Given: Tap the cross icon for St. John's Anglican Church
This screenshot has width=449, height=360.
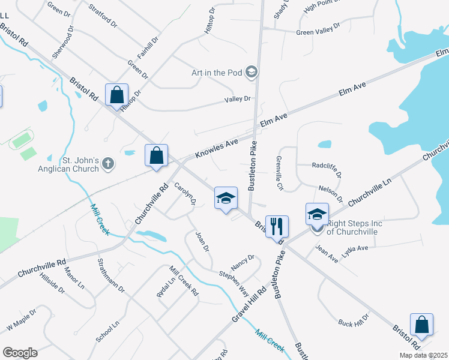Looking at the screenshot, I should click(x=107, y=163).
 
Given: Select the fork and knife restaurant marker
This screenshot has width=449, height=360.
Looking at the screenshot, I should click(x=277, y=226).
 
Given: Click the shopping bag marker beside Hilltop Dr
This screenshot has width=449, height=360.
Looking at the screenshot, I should click(x=116, y=95).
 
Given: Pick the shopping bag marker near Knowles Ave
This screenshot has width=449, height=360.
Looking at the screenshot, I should click(x=156, y=155).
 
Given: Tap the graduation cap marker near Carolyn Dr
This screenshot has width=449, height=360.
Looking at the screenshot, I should click(x=226, y=199).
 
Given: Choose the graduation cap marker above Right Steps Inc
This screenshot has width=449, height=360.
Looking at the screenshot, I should click(x=318, y=214).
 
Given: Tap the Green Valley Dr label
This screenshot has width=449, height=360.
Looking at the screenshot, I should click(x=318, y=29).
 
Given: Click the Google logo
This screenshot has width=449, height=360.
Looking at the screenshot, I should click(x=20, y=353).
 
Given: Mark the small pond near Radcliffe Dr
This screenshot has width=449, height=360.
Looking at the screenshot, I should click(x=324, y=144).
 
